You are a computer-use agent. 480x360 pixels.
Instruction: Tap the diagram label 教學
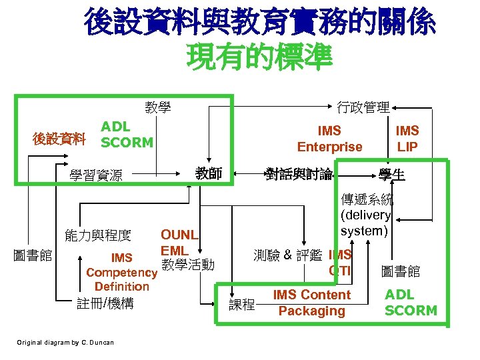(158, 107)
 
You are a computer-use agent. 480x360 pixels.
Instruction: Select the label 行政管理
(363, 107)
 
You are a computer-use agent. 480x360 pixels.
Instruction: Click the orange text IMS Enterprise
(329, 139)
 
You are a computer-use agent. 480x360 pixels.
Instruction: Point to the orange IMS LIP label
(407, 139)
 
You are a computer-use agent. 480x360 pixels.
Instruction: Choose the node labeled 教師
(209, 175)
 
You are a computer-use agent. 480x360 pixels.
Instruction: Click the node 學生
(393, 175)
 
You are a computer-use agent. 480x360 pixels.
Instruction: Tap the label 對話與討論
(299, 175)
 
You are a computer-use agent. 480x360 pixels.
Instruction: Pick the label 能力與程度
(97, 235)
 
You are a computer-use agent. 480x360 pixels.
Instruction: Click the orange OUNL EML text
(179, 243)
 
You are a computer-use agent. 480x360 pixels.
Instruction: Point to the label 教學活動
(188, 265)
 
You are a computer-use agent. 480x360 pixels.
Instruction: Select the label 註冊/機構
(105, 303)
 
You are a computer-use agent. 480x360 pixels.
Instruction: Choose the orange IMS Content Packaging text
(311, 303)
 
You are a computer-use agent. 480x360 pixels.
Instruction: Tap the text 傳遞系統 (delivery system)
(366, 215)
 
